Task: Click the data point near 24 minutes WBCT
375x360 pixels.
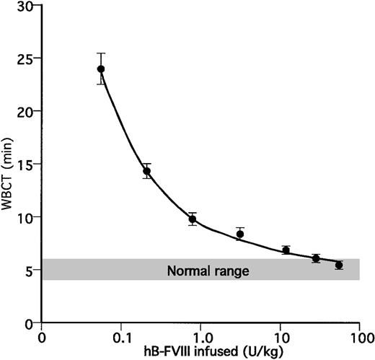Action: tap(101, 69)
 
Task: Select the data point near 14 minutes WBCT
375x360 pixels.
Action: tap(146, 171)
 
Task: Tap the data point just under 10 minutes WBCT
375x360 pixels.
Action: tap(193, 219)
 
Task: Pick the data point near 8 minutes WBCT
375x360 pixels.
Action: tap(240, 234)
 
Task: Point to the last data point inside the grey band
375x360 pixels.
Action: tap(339, 265)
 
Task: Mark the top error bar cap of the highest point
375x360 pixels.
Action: tap(101, 53)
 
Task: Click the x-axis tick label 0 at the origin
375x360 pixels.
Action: tap(43, 337)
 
